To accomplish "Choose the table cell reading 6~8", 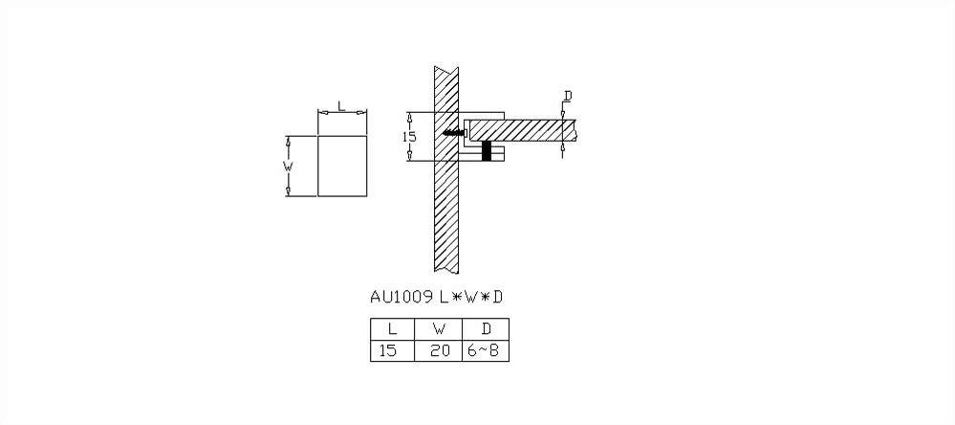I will [486, 351].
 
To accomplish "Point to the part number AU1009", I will [402, 297].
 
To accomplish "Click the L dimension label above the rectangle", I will [341, 106].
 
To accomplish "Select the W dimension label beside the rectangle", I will [288, 167].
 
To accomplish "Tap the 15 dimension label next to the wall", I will [409, 137].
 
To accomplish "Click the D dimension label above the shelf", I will [567, 96].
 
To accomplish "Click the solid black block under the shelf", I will [487, 151].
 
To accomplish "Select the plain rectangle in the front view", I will [341, 167].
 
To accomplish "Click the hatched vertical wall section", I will [447, 211].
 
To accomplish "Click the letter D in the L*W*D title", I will [497, 297].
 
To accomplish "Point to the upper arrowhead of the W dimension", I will [289, 141].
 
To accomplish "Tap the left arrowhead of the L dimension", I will [322, 113].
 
